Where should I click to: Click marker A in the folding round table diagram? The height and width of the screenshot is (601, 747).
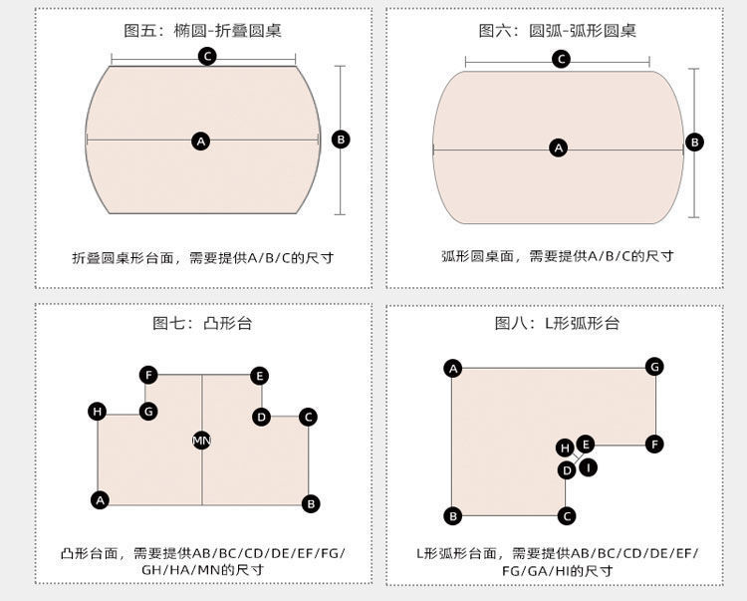point(201,142)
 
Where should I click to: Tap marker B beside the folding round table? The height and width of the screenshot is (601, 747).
point(341,140)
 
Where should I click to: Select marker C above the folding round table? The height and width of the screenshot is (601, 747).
point(207,56)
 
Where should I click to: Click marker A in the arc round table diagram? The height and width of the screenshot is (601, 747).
point(558,148)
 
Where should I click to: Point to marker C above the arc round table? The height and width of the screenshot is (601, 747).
point(561,60)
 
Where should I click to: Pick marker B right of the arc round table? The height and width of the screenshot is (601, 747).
point(694,143)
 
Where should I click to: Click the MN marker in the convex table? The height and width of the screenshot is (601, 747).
point(201,440)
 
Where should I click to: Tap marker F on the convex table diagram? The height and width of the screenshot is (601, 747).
point(148,375)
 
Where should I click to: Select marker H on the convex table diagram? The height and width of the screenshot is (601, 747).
point(97,411)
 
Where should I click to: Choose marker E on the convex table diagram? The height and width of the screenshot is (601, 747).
point(259,376)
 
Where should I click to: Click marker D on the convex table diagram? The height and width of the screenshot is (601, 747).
point(261,417)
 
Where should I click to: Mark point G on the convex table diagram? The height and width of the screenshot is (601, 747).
point(148,411)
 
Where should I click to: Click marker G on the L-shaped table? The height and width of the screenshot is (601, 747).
point(654,366)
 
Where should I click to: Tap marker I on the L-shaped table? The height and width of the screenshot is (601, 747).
point(588,466)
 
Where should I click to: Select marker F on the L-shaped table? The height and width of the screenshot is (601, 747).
point(654,444)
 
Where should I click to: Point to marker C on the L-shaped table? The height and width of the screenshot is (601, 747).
point(567,515)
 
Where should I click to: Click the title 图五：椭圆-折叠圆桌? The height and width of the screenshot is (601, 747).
point(202,30)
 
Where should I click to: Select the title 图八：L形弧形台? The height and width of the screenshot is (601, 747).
point(557,323)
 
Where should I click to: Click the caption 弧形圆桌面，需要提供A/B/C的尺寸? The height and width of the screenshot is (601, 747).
point(557,256)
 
